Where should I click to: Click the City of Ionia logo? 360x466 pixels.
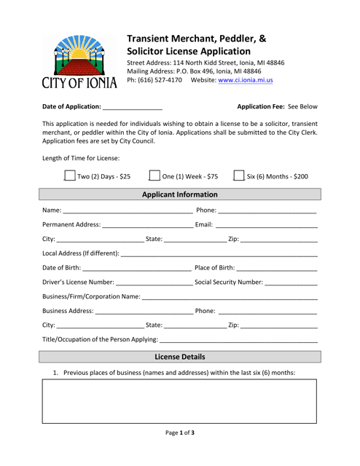[x=79, y=60]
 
